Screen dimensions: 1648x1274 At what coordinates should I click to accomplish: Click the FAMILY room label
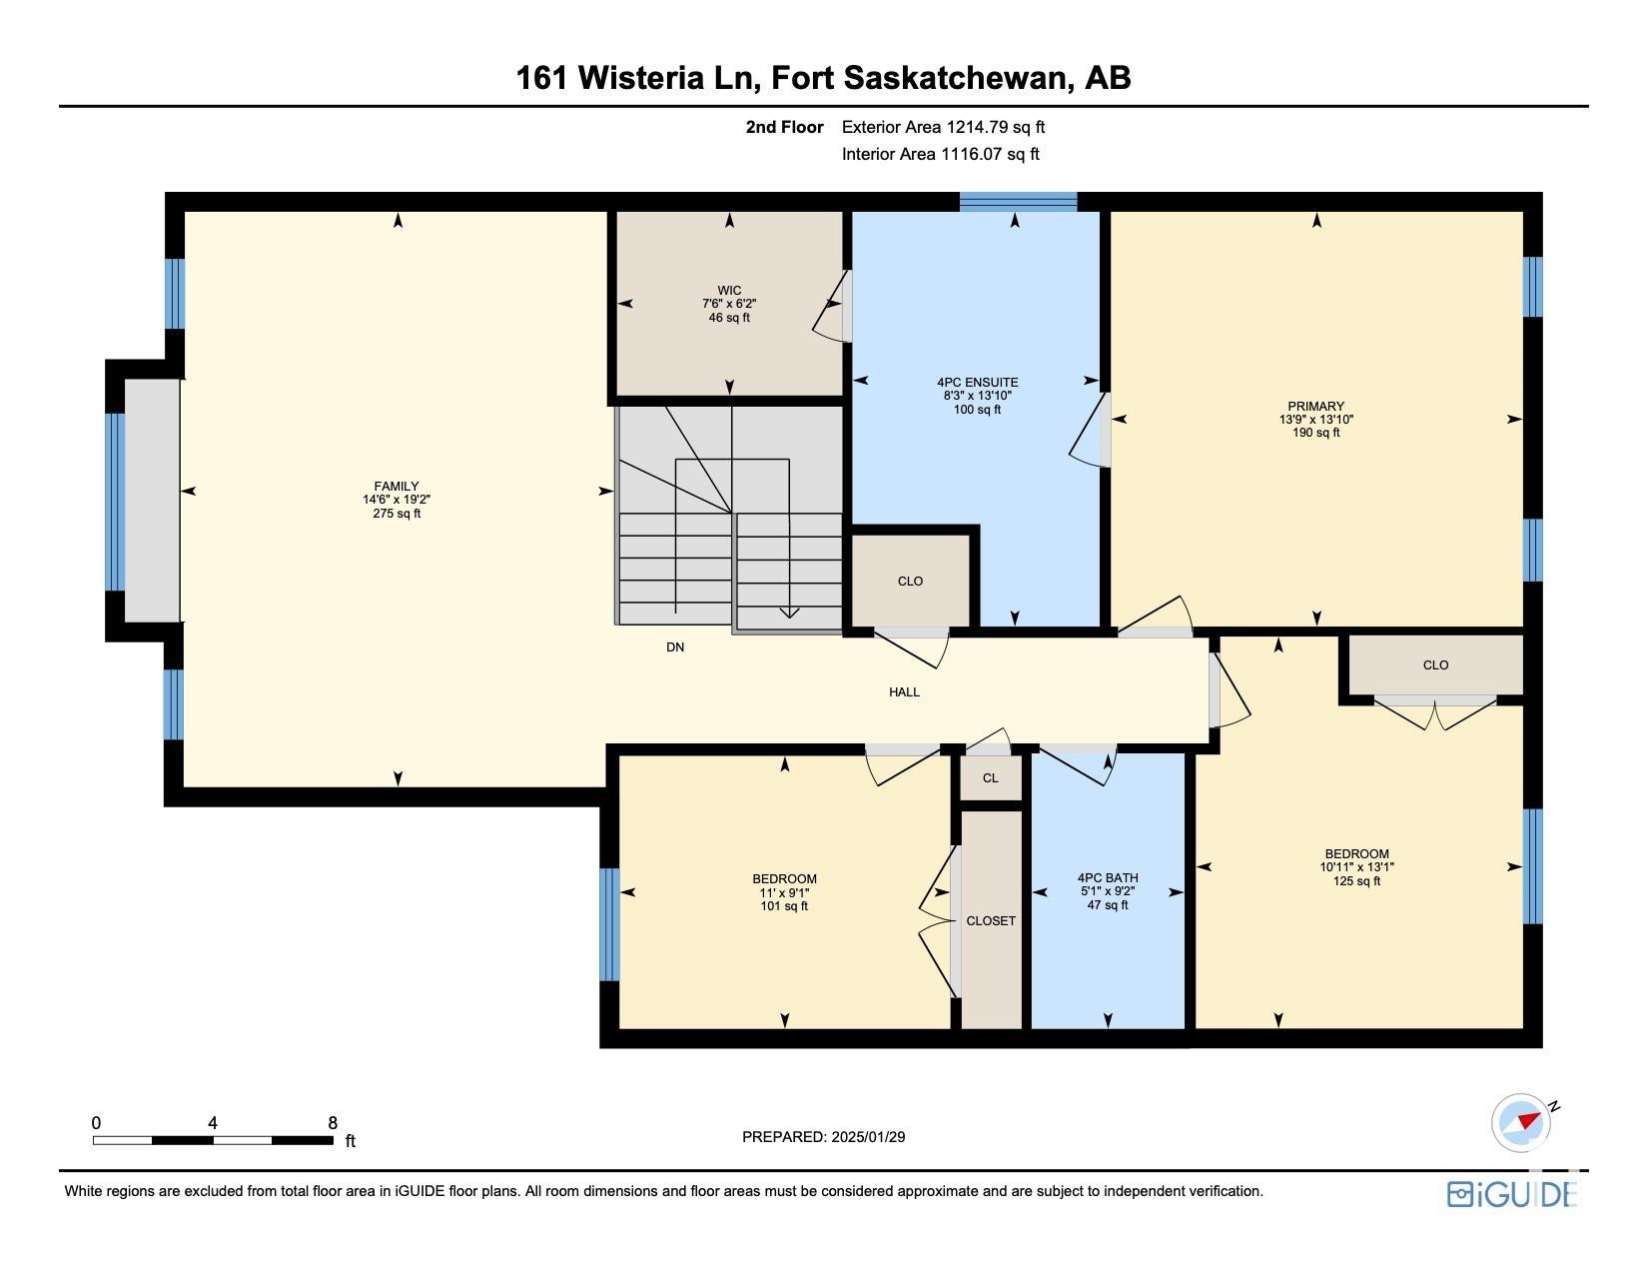[x=396, y=487]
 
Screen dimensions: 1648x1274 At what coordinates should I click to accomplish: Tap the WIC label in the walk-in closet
[x=729, y=291]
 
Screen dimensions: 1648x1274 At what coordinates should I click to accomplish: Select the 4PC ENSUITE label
[x=977, y=383]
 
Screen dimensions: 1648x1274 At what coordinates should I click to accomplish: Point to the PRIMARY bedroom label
[x=1315, y=406]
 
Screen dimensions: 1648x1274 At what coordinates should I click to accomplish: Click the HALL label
[x=904, y=692]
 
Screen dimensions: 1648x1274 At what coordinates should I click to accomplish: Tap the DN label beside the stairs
[x=675, y=647]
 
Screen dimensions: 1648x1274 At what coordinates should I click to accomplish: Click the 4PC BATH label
[x=1108, y=878]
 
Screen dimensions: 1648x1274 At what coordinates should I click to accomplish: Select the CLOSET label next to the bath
[x=991, y=920]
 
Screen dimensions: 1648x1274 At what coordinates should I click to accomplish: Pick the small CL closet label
[x=991, y=777]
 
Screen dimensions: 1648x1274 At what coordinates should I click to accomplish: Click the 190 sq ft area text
[x=1315, y=433]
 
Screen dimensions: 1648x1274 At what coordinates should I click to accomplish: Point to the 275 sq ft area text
[x=396, y=513]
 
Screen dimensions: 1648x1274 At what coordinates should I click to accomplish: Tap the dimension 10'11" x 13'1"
[x=1356, y=866]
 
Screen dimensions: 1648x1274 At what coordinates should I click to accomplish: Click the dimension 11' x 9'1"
[x=784, y=892]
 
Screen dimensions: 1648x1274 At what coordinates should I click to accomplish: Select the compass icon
[x=1521, y=1123]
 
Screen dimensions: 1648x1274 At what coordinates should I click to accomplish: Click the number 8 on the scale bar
[x=333, y=1123]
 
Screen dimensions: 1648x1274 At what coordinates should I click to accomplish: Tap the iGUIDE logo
[x=1512, y=1194]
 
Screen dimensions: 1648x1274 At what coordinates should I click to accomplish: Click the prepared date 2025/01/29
[x=868, y=1137]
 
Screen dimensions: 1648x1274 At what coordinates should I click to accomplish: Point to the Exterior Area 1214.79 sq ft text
[x=943, y=127]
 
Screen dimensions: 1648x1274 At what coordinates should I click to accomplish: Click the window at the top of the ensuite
[x=1018, y=202]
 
